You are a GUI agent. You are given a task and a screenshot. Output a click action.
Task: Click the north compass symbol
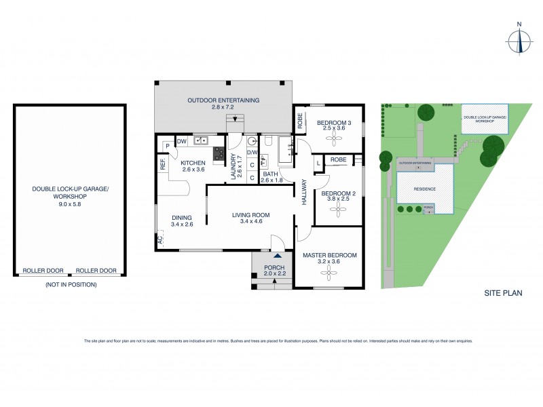520,38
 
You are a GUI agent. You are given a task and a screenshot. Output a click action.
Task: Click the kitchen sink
201,141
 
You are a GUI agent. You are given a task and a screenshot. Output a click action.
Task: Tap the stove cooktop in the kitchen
219,155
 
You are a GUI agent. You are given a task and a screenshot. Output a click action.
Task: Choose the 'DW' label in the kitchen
182,141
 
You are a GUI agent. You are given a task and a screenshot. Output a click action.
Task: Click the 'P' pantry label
166,145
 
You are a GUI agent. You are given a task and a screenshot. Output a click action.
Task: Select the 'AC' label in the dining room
161,240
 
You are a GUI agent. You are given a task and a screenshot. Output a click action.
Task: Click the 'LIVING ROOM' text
250,216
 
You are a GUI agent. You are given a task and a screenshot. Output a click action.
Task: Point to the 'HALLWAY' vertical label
305,193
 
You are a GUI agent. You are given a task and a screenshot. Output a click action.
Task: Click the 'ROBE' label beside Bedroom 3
300,121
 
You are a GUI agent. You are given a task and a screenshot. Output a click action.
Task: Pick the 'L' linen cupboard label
318,163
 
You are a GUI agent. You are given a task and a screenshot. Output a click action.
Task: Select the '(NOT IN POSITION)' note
71,285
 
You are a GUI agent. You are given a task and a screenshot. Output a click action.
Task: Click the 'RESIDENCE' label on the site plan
421,189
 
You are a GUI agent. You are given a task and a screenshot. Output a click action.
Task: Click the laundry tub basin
252,142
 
